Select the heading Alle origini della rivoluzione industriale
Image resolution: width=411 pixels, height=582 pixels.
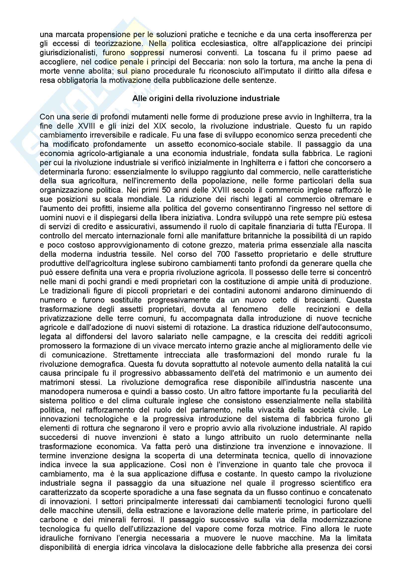click(206, 99)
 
